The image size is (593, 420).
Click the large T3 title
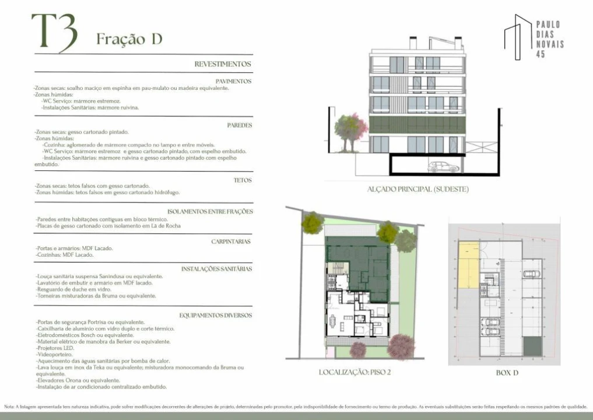[x=54, y=32]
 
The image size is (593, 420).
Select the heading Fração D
[x=129, y=39]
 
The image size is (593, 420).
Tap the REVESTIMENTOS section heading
[x=223, y=64]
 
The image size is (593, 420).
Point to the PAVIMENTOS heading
[x=233, y=81]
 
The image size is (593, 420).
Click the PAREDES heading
[x=239, y=125]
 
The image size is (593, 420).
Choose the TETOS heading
[x=243, y=180]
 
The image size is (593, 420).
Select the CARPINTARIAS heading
[x=231, y=241]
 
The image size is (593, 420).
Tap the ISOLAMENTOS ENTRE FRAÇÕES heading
[x=209, y=211]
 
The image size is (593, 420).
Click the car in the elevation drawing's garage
[x=443, y=167]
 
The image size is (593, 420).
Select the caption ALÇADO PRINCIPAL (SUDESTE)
[x=417, y=190]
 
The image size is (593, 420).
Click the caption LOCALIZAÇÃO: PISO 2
[x=355, y=372]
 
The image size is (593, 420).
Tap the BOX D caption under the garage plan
[x=507, y=372]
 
